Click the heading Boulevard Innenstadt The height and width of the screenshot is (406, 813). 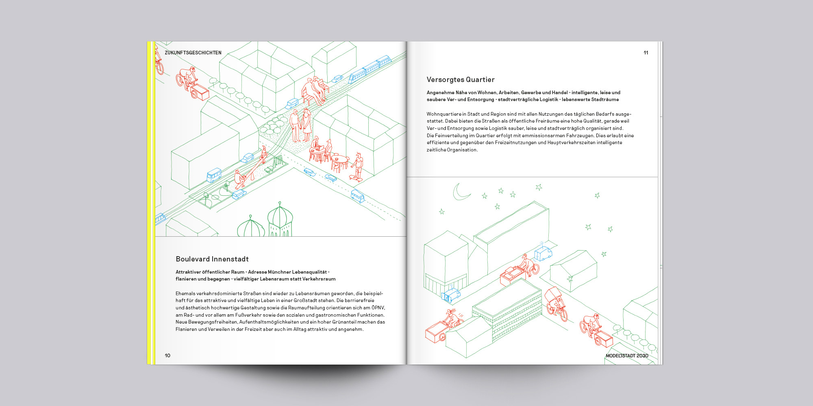[x=212, y=259]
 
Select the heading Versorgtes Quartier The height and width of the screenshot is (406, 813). [x=461, y=80]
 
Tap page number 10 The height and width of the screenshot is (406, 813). [x=167, y=356]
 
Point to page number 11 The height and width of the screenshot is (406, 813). [x=646, y=53]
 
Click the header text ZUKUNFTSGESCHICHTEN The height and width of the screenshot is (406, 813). [x=193, y=53]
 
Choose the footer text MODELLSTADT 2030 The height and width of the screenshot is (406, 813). [x=627, y=356]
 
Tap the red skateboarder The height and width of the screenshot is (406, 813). [x=357, y=166]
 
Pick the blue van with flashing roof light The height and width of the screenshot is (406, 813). [x=543, y=252]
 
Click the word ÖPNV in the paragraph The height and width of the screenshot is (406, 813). [x=378, y=308]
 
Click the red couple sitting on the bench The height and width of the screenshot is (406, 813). [x=314, y=91]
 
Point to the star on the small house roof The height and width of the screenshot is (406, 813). [x=570, y=279]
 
